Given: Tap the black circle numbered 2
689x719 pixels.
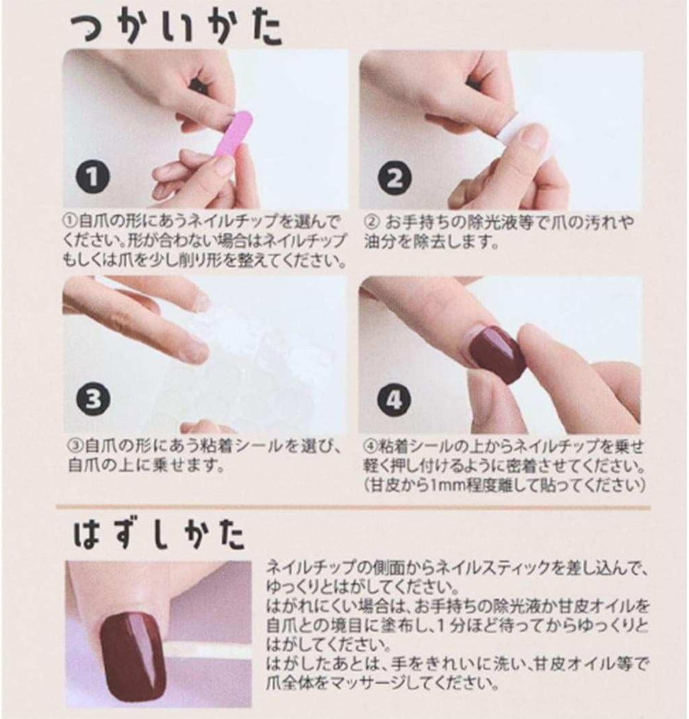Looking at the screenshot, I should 394,178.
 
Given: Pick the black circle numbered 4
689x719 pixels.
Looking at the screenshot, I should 393,399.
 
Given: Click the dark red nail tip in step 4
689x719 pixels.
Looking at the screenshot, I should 497,353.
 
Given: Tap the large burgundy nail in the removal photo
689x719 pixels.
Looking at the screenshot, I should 134,651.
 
